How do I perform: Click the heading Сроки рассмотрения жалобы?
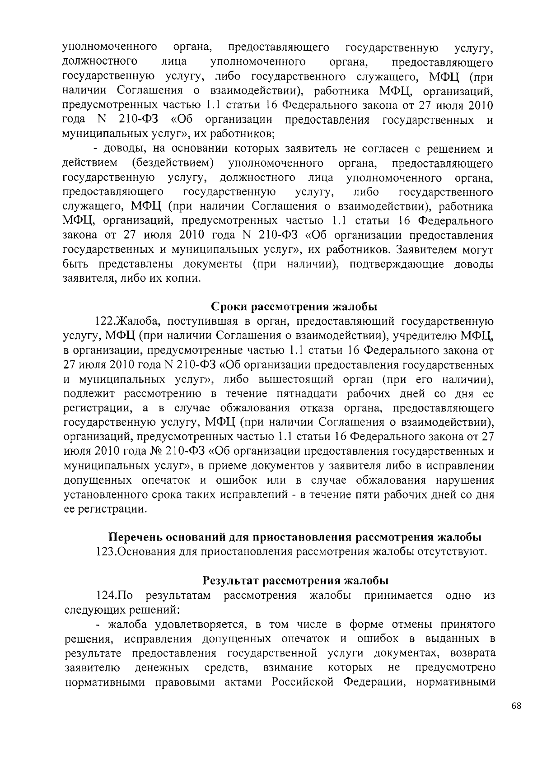click(x=294, y=307)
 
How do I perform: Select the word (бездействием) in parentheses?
click(x=173, y=163)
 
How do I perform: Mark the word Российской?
click(x=303, y=682)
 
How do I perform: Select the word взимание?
click(x=288, y=667)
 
